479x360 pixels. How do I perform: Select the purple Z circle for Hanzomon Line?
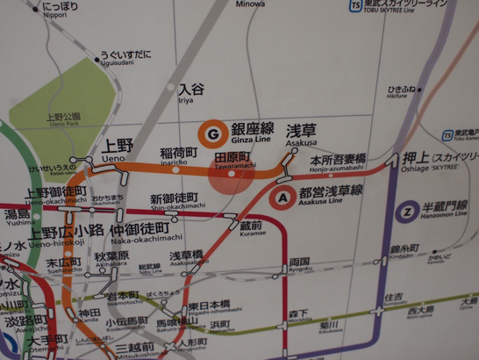[405, 212]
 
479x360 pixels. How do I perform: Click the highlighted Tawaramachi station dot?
[232, 174]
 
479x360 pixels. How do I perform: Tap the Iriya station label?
[190, 92]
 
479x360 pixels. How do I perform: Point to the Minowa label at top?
[251, 4]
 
